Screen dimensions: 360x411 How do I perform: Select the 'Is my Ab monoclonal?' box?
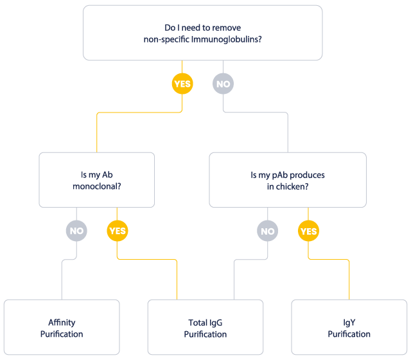tap(96, 180)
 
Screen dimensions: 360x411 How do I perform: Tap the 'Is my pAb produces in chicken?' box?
tap(288, 180)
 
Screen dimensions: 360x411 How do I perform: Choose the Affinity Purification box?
tap(62, 328)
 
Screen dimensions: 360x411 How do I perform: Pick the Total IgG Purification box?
tap(205, 328)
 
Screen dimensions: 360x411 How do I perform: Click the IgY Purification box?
tap(349, 328)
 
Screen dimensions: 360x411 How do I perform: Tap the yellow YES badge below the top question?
tap(182, 84)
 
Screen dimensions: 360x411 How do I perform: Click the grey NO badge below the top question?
tap(223, 84)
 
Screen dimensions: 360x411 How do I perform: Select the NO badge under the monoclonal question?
tap(76, 231)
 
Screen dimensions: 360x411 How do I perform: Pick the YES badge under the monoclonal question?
tap(117, 231)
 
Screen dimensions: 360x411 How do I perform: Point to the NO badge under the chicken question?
tap(268, 231)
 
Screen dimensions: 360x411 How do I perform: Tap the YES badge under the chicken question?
tap(308, 231)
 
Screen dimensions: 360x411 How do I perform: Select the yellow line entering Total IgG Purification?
tap(177, 280)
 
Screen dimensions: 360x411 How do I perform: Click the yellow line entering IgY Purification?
tap(349, 280)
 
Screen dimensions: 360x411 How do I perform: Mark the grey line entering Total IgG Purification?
tap(234, 280)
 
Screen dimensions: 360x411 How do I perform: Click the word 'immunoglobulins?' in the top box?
tap(234, 39)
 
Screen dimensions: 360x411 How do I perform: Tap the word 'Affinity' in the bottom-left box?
tap(62, 323)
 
